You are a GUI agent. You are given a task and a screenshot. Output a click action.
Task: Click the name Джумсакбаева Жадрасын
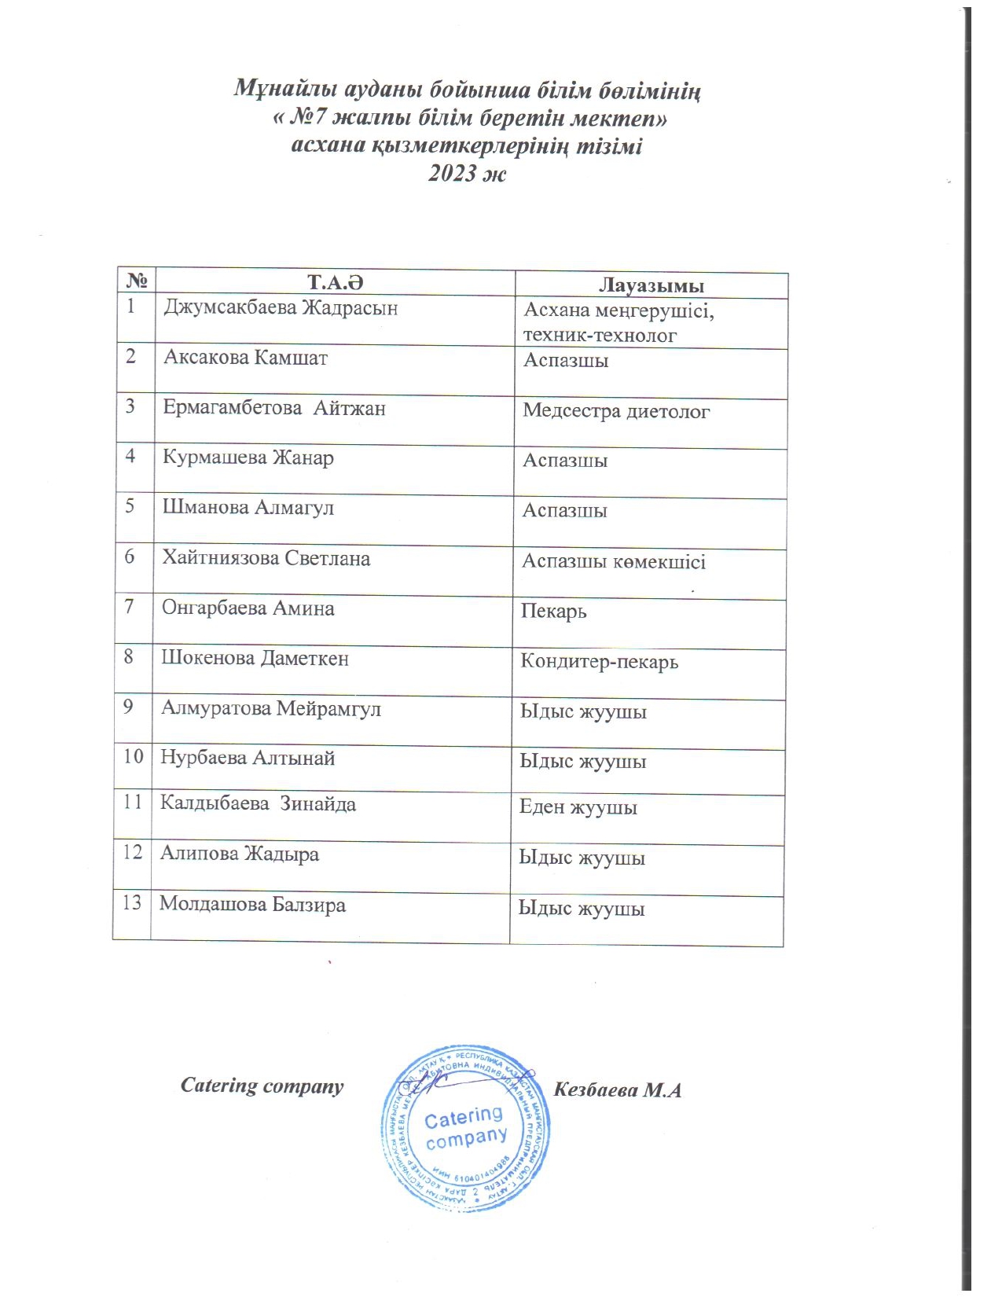click(x=281, y=308)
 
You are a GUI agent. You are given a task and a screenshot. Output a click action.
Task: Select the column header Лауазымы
click(x=651, y=285)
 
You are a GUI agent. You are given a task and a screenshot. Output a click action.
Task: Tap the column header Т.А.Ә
click(x=336, y=282)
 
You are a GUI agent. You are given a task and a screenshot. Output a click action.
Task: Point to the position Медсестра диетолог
click(x=616, y=411)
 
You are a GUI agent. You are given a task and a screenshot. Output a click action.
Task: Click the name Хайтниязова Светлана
click(x=266, y=559)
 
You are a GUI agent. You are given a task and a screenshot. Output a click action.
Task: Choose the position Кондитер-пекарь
click(x=599, y=662)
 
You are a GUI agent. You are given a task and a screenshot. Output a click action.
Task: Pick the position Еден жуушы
click(x=578, y=807)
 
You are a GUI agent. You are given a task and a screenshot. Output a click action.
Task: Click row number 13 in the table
click(x=131, y=902)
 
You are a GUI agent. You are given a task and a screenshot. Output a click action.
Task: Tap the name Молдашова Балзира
click(x=252, y=905)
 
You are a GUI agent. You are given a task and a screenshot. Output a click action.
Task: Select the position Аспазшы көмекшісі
click(x=614, y=562)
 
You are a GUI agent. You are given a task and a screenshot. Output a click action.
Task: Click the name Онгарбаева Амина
click(x=248, y=608)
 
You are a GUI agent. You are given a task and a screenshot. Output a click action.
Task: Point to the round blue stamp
click(x=465, y=1126)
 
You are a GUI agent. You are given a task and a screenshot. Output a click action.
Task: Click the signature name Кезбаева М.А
click(x=617, y=1090)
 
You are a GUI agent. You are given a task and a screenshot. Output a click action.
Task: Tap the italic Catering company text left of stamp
click(x=262, y=1086)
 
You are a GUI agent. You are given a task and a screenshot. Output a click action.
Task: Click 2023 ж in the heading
click(x=467, y=173)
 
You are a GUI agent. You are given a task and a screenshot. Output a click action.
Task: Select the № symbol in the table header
click(x=137, y=281)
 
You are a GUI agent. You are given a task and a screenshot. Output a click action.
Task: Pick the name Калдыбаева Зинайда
click(x=258, y=804)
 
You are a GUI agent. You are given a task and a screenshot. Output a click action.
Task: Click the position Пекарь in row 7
click(x=553, y=612)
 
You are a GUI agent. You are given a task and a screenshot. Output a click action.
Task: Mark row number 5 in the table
click(x=130, y=505)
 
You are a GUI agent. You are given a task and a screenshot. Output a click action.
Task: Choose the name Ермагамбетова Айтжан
click(x=273, y=408)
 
